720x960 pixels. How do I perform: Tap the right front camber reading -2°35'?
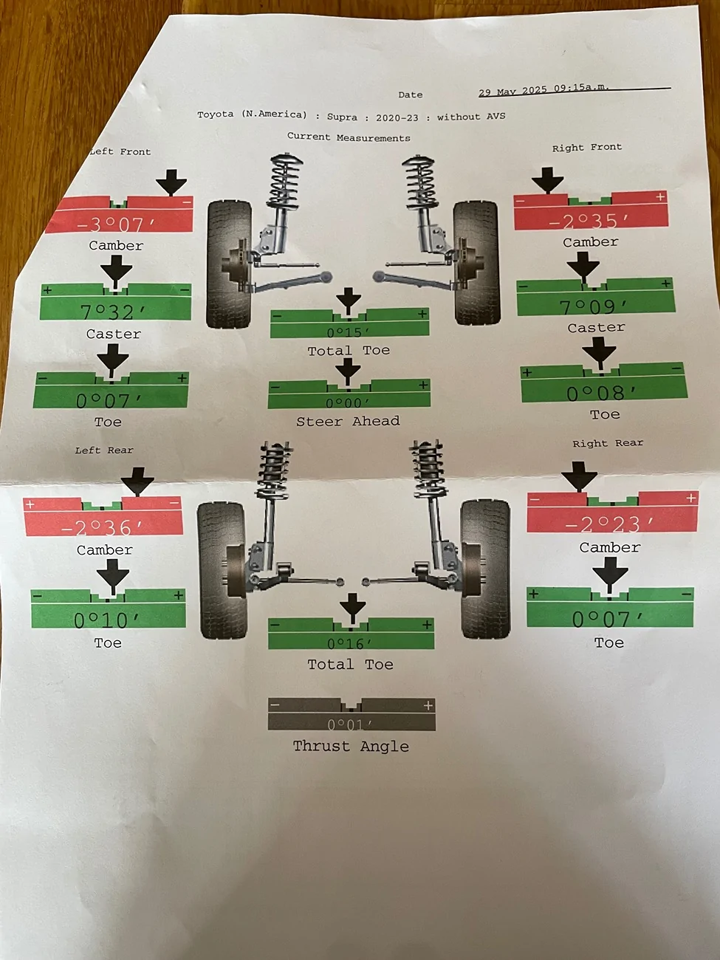tap(589, 222)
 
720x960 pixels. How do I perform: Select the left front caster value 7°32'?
tap(113, 312)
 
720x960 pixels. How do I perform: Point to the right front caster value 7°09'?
tap(593, 307)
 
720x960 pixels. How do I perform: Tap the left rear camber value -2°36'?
tap(103, 528)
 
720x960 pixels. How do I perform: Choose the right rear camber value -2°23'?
tap(609, 524)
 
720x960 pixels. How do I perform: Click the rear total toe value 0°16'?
tap(350, 643)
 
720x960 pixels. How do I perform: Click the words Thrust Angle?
tap(351, 746)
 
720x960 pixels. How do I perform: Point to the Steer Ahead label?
tap(348, 421)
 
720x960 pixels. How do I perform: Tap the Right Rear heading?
tap(608, 443)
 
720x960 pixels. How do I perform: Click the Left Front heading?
tap(120, 152)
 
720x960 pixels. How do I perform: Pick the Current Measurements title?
tap(349, 137)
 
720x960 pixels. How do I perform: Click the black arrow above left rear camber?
tap(137, 481)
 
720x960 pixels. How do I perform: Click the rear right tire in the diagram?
tap(485, 569)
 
